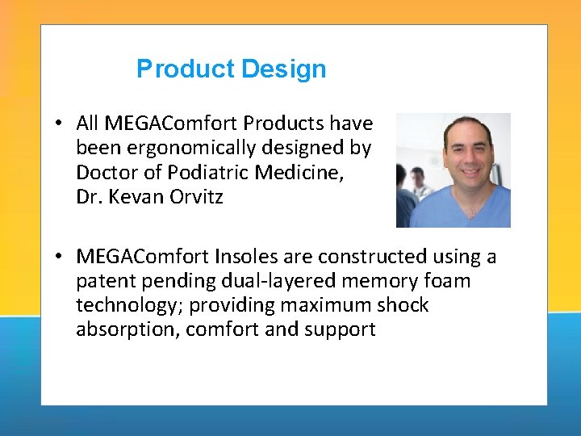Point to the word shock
pos(401,305)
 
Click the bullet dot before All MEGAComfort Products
pos(61,124)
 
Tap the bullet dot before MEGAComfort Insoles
pos(61,257)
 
